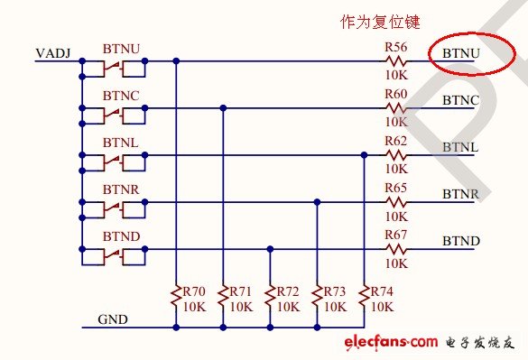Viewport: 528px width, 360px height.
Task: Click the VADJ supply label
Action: click(x=52, y=54)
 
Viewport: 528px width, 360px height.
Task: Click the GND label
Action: click(x=113, y=319)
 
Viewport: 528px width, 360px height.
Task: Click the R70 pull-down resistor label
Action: click(x=194, y=291)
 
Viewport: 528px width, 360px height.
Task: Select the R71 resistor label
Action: click(x=241, y=291)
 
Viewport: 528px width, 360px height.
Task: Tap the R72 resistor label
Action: click(x=288, y=291)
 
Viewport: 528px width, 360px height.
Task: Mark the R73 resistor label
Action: click(x=335, y=291)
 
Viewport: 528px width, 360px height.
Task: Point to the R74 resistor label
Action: click(x=382, y=291)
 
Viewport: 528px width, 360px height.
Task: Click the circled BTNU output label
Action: click(x=461, y=54)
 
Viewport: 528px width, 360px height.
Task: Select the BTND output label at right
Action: click(x=461, y=241)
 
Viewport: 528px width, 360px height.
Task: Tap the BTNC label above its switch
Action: click(x=120, y=94)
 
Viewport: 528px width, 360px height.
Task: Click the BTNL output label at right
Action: click(x=460, y=147)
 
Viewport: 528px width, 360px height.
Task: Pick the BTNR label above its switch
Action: click(x=120, y=188)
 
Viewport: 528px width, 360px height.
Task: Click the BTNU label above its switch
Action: click(x=120, y=46)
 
